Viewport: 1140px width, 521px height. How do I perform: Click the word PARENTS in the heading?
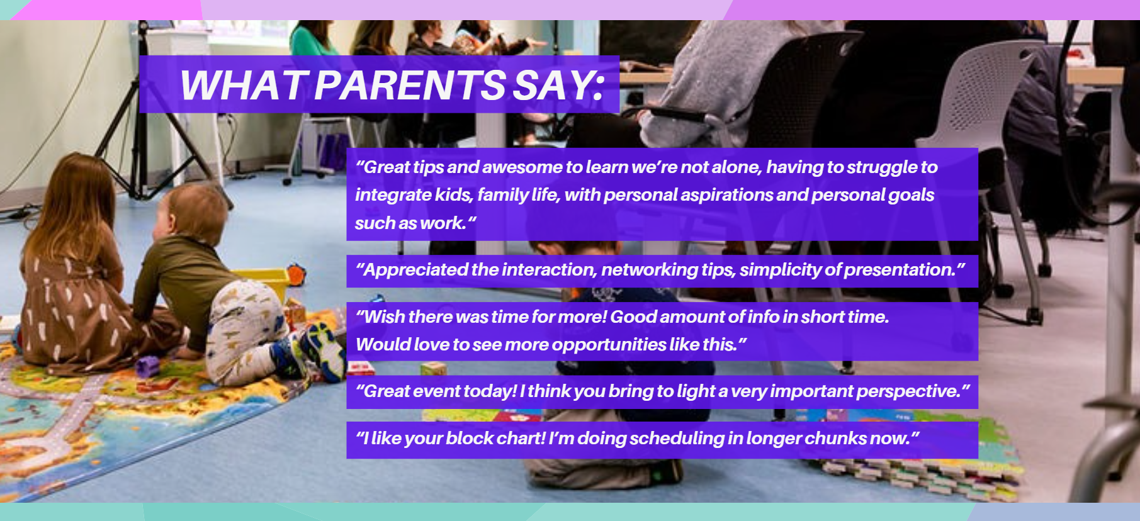[x=409, y=85]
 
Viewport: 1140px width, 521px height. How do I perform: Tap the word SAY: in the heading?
[x=559, y=85]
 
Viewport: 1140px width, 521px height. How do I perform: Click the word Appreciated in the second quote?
[x=416, y=269]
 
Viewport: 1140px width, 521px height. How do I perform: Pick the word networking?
[x=650, y=270]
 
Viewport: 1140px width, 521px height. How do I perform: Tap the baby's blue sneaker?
[x=323, y=351]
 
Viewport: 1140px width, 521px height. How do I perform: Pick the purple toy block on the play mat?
[x=147, y=366]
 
